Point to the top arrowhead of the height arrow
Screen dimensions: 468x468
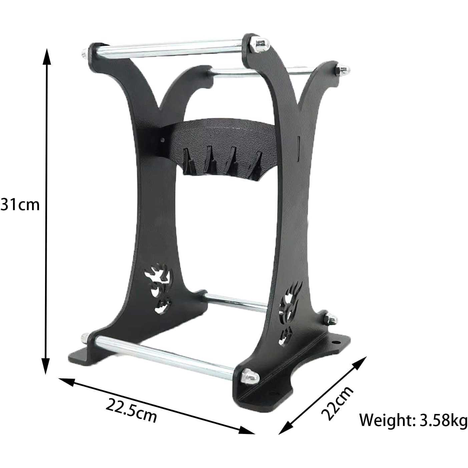coord(47,56)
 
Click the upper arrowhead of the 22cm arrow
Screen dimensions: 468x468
coord(359,364)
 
